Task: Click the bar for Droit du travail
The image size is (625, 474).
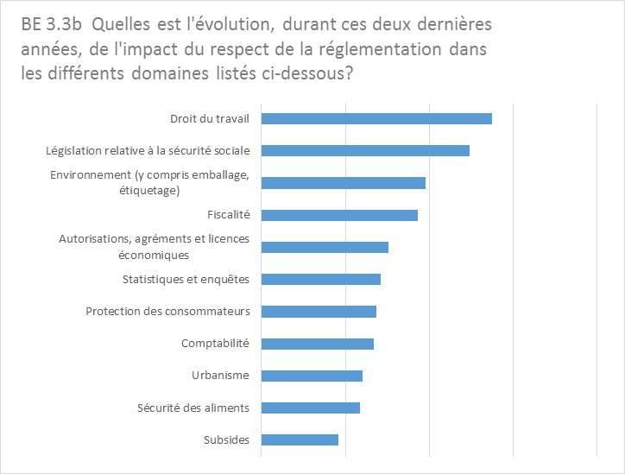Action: pyautogui.click(x=376, y=118)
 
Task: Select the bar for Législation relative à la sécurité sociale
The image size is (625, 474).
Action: pyautogui.click(x=365, y=150)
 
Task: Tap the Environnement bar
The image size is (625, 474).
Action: pyautogui.click(x=343, y=183)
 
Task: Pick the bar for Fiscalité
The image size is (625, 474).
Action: pyautogui.click(x=339, y=215)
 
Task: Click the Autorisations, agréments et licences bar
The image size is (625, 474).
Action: pyautogui.click(x=325, y=247)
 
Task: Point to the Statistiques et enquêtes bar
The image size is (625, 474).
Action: pyautogui.click(x=320, y=279)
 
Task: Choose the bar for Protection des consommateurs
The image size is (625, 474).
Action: pyautogui.click(x=319, y=312)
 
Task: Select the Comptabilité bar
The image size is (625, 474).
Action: pyautogui.click(x=317, y=344)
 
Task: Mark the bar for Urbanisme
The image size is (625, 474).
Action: pyautogui.click(x=312, y=376)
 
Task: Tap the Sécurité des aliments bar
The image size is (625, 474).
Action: pyautogui.click(x=310, y=408)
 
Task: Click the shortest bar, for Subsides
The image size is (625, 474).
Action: pyautogui.click(x=300, y=440)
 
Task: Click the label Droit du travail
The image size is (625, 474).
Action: pyautogui.click(x=210, y=118)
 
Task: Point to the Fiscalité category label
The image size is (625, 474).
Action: pyautogui.click(x=229, y=215)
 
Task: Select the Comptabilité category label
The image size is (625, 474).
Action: pyautogui.click(x=215, y=344)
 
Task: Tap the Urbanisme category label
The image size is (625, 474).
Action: pyautogui.click(x=220, y=376)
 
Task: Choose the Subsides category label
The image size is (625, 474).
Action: pyautogui.click(x=226, y=440)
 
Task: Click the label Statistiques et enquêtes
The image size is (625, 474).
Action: pyautogui.click(x=186, y=279)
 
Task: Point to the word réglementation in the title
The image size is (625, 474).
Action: pyautogui.click(x=383, y=49)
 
